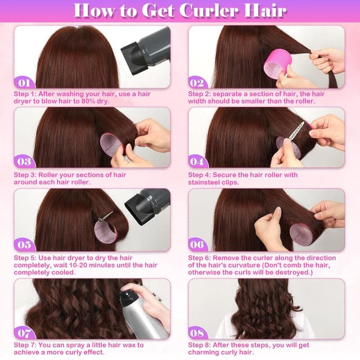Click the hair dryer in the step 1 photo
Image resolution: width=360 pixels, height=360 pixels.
click(147, 47)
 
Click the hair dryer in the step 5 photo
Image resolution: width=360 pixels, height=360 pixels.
click(147, 206)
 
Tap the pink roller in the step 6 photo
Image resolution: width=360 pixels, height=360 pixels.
click(301, 233)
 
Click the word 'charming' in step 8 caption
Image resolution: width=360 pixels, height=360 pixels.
click(204, 352)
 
